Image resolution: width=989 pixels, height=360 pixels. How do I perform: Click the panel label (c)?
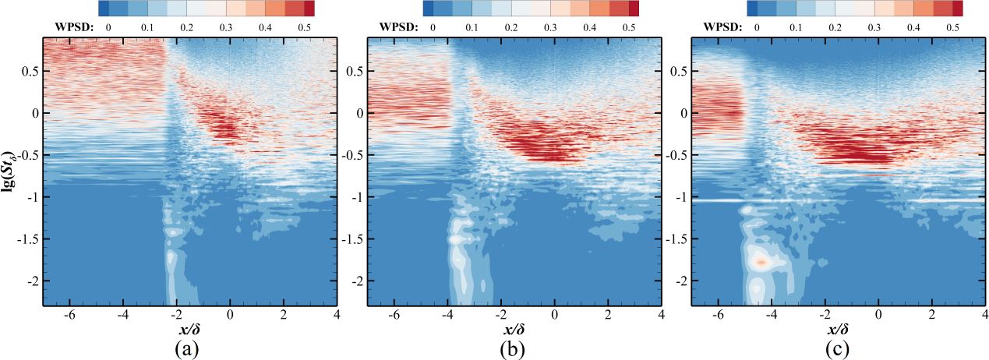coord(838,348)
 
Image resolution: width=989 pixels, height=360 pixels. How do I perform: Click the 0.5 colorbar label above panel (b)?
coord(628,27)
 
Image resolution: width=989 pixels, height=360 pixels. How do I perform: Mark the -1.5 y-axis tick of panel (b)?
coord(351,238)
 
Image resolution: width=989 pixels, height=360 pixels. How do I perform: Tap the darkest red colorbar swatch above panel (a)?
coord(309,9)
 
